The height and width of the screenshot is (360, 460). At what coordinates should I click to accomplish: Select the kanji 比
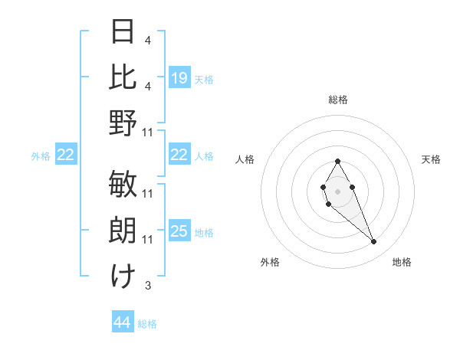[x=123, y=76]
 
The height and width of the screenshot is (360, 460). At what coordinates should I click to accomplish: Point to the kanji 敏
[x=123, y=184]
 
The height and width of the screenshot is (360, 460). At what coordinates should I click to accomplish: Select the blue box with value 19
[x=179, y=78]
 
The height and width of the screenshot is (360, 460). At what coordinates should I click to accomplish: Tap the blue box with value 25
[x=179, y=232]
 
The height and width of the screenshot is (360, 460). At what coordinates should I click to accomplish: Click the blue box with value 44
[x=123, y=323]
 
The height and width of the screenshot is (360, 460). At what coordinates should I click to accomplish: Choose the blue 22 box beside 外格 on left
[x=65, y=155]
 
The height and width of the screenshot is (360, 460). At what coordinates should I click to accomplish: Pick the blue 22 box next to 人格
[x=179, y=155]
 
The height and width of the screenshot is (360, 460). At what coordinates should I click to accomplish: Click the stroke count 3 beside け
[x=147, y=286]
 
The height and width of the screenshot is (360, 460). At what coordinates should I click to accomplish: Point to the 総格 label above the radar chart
[x=338, y=100]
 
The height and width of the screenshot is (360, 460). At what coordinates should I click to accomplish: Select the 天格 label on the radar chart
[x=431, y=159]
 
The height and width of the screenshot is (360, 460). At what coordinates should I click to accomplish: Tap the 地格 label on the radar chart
[x=402, y=262]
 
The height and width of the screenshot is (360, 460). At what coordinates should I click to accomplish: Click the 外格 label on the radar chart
[x=270, y=262]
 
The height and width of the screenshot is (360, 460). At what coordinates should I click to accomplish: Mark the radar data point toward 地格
[x=373, y=242]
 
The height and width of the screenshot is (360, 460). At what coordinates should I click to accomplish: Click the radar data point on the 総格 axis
[x=337, y=162]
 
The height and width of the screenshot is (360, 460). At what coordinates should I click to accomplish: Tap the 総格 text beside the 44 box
[x=147, y=324]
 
